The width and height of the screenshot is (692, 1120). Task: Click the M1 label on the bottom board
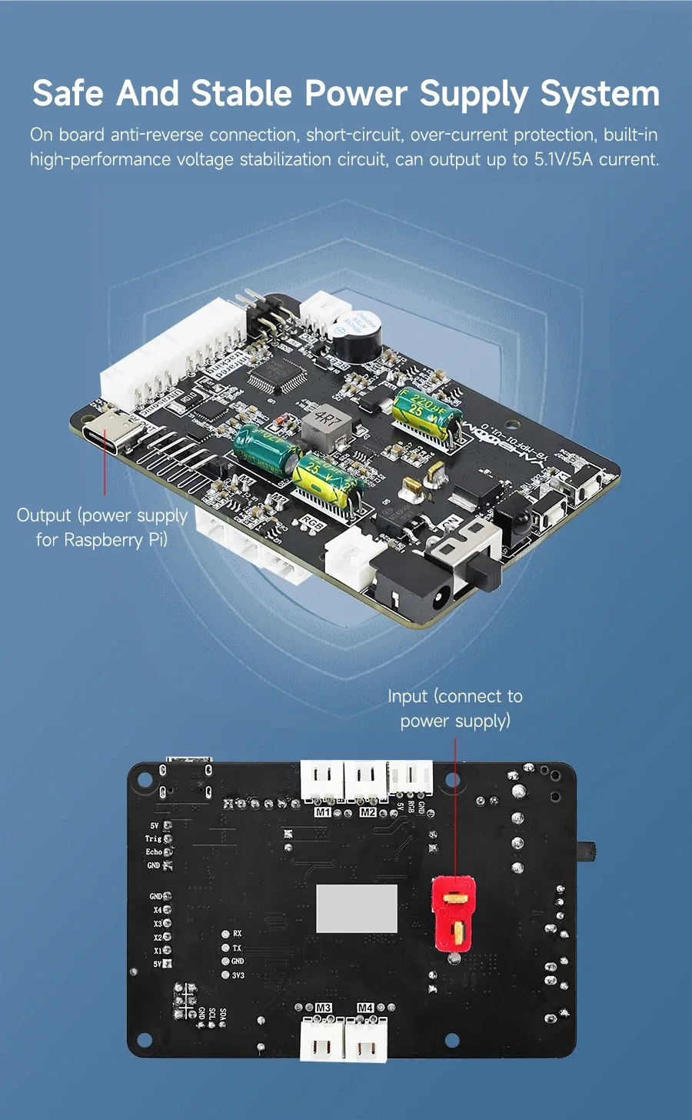click(323, 812)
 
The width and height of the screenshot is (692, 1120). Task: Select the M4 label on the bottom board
click(365, 1008)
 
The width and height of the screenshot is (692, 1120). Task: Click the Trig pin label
click(153, 838)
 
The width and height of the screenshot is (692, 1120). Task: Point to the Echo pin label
click(154, 852)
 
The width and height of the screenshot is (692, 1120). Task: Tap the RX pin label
click(237, 934)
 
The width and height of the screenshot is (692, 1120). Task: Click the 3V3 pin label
click(238, 975)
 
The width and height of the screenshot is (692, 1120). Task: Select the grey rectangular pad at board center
click(357, 908)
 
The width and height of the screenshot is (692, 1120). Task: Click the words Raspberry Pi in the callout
click(115, 540)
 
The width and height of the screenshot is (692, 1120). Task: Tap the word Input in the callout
click(408, 696)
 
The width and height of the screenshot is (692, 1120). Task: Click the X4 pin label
click(157, 910)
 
